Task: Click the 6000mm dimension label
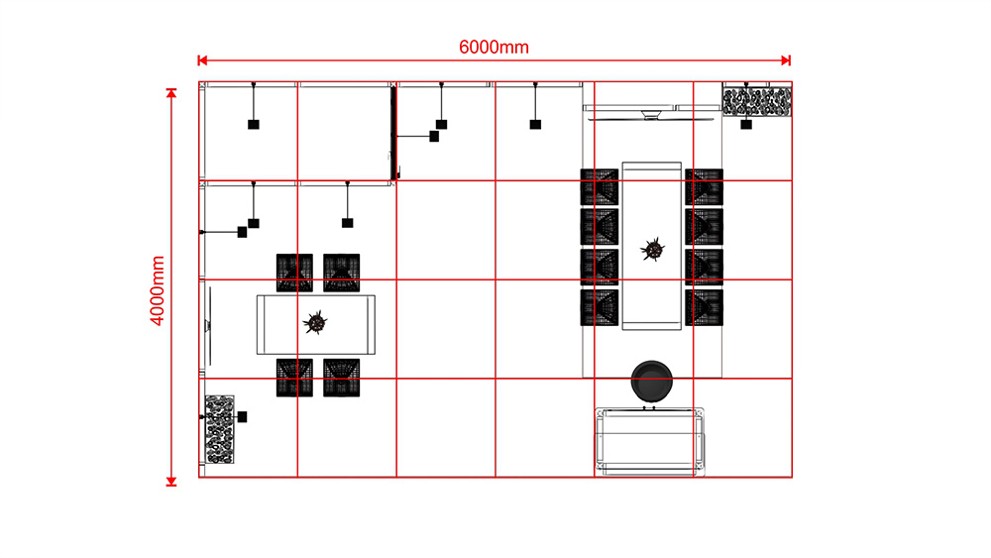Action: pyautogui.click(x=494, y=48)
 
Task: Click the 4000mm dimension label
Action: pyautogui.click(x=157, y=290)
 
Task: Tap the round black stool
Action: pyautogui.click(x=652, y=381)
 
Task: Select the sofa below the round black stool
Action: pyautogui.click(x=650, y=442)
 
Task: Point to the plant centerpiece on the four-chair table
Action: pyautogui.click(x=315, y=323)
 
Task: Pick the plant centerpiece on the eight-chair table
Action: pyautogui.click(x=652, y=249)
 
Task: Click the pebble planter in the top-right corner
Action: pyautogui.click(x=756, y=102)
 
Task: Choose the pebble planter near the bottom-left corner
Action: pyautogui.click(x=219, y=430)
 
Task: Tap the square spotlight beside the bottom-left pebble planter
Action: pyautogui.click(x=242, y=417)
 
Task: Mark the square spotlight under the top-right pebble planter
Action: pyautogui.click(x=746, y=125)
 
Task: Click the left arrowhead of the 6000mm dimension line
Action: pyautogui.click(x=202, y=60)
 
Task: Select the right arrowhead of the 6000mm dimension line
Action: pyautogui.click(x=786, y=60)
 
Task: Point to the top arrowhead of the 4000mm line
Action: pyautogui.click(x=171, y=93)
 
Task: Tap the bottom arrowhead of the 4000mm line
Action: pyautogui.click(x=171, y=482)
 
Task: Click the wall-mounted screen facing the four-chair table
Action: pyautogui.click(x=208, y=325)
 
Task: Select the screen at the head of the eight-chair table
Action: pyautogui.click(x=651, y=114)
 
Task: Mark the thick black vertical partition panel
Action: pyautogui.click(x=393, y=134)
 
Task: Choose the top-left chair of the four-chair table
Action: pyautogui.click(x=294, y=273)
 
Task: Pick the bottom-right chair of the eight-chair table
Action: pyautogui.click(x=704, y=308)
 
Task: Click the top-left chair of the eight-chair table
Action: pyautogui.click(x=600, y=187)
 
